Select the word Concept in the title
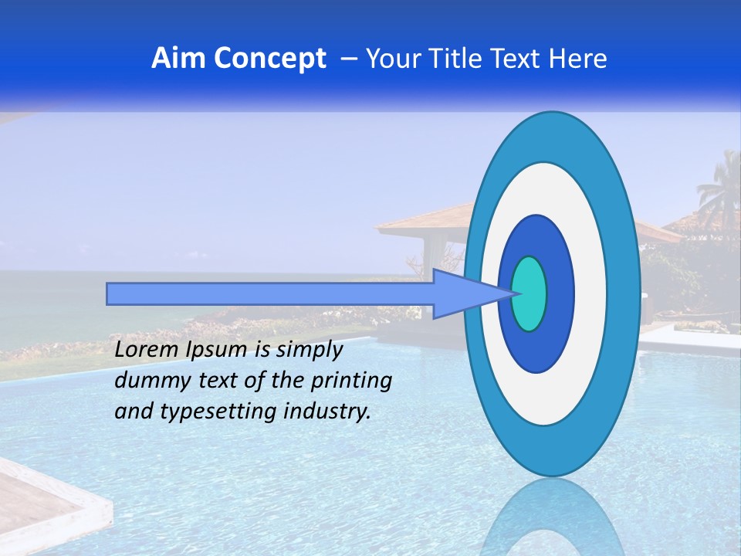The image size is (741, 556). click(x=269, y=59)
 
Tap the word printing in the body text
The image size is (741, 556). click(x=351, y=381)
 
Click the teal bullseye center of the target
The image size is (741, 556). click(x=530, y=293)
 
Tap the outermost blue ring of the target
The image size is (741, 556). click(x=624, y=293)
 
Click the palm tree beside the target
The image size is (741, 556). click(x=719, y=189)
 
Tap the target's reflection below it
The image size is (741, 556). click(x=552, y=517)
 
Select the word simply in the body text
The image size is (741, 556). click(x=309, y=350)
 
